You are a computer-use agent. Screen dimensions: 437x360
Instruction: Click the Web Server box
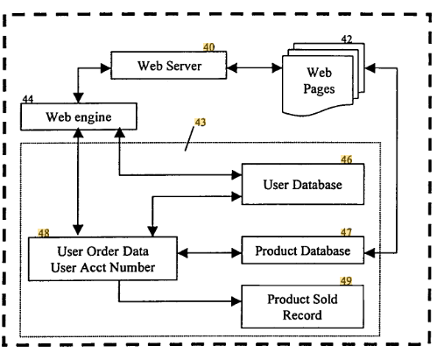[169, 66]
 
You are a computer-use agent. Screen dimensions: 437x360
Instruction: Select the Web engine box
[79, 116]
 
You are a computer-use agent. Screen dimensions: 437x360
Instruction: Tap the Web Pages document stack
[323, 80]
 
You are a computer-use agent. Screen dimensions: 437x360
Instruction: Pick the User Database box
[303, 184]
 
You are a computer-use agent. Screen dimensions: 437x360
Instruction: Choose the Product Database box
[303, 251]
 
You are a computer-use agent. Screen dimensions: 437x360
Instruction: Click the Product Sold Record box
[302, 307]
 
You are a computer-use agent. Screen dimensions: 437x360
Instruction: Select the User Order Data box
[102, 259]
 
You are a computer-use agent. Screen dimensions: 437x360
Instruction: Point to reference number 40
[208, 47]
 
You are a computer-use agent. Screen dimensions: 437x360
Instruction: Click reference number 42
[347, 39]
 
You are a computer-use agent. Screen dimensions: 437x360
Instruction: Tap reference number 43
[201, 122]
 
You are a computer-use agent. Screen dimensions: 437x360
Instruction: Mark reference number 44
[28, 99]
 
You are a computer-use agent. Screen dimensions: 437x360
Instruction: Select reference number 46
[346, 159]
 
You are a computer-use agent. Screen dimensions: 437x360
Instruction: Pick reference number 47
[346, 232]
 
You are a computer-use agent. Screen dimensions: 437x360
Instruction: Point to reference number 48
[44, 233]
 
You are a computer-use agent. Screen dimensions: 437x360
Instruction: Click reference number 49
[346, 281]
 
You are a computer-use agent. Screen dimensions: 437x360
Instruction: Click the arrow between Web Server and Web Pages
[254, 68]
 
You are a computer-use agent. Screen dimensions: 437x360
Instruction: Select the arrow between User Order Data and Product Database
[209, 253]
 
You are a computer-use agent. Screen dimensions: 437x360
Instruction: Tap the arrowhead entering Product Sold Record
[236, 301]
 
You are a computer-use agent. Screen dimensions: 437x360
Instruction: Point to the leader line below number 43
[189, 138]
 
